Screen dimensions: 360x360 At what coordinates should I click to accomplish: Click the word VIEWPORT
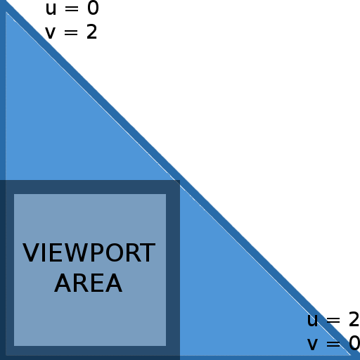89,252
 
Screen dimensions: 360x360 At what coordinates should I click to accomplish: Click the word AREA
89,283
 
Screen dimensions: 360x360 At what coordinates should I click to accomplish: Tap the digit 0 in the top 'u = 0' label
93,8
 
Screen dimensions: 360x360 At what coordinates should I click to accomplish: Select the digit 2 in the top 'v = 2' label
91,32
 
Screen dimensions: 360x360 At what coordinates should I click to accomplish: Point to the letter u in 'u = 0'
51,10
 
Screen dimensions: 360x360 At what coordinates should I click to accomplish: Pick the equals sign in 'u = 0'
72,8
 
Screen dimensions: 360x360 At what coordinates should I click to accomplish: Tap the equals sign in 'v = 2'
71,32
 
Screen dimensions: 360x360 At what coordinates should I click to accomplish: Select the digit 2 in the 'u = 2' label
354,319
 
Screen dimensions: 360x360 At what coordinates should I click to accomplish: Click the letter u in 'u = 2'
312,321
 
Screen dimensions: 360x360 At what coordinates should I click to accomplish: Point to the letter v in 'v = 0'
312,345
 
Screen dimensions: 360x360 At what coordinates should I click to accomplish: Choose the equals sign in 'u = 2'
333,320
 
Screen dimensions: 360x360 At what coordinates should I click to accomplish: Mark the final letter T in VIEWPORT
148,252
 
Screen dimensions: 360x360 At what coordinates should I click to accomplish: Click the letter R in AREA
79,283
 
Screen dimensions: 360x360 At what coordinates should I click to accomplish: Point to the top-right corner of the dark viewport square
180,180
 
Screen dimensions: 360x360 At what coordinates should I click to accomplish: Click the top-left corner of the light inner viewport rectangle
14,194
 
